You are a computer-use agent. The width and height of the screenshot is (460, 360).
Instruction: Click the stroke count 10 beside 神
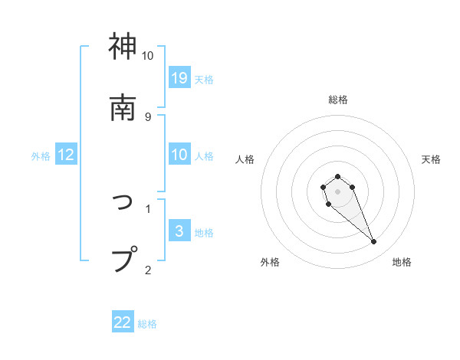pyautogui.click(x=147, y=56)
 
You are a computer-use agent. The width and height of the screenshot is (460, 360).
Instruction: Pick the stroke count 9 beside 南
pyautogui.click(x=147, y=116)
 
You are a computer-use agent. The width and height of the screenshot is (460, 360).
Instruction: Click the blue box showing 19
pyautogui.click(x=179, y=78)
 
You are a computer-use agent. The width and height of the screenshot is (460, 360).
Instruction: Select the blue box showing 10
pyautogui.click(x=179, y=155)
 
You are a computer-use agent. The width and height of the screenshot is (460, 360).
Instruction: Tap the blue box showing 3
pyautogui.click(x=179, y=231)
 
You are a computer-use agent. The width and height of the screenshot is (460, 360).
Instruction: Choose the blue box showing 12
pyautogui.click(x=66, y=155)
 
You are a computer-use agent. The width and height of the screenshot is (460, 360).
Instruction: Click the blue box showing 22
pyautogui.click(x=123, y=322)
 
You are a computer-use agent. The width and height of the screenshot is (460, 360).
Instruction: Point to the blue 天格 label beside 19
pyautogui.click(x=204, y=79)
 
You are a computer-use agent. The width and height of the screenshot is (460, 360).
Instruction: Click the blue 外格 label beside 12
pyautogui.click(x=41, y=155)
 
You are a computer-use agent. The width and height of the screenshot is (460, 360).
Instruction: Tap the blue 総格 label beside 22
pyautogui.click(x=147, y=323)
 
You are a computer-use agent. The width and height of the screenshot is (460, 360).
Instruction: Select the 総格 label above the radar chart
pyautogui.click(x=338, y=100)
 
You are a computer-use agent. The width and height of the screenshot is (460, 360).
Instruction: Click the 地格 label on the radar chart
pyautogui.click(x=402, y=262)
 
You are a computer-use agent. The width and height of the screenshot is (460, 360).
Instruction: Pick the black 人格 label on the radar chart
pyautogui.click(x=245, y=159)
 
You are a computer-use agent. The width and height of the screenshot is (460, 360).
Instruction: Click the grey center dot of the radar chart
pyautogui.click(x=337, y=191)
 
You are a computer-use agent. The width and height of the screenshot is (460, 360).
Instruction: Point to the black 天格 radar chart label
pyautogui.click(x=431, y=159)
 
